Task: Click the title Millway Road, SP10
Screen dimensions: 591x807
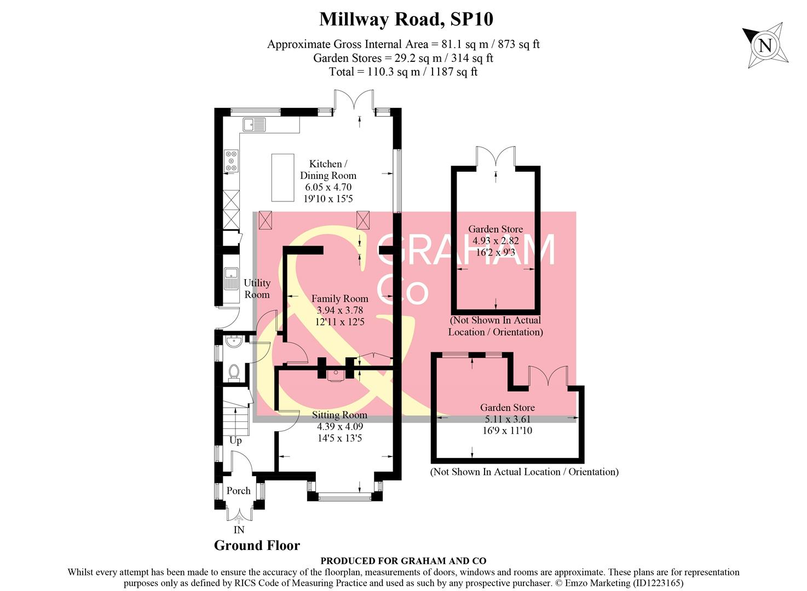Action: (406, 19)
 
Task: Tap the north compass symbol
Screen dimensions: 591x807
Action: (765, 45)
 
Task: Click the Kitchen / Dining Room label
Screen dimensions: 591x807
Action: (328, 170)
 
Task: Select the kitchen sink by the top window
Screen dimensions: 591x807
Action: (254, 125)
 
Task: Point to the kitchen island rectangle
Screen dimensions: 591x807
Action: (283, 177)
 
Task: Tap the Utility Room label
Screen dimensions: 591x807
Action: (257, 288)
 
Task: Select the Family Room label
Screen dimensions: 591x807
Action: (339, 299)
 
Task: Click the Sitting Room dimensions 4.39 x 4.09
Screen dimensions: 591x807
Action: (339, 427)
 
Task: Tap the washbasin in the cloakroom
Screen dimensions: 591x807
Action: (234, 341)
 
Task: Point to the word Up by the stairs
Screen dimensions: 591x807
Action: (235, 441)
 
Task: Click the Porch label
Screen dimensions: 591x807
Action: (238, 491)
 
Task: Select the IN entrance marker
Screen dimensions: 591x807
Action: (239, 530)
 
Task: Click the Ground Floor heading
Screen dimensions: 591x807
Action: (257, 546)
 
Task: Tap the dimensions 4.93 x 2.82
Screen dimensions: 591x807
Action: (495, 241)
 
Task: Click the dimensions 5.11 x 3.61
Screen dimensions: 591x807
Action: (507, 419)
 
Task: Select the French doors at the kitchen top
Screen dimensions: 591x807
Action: (354, 101)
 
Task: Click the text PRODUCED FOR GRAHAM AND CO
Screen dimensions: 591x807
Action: (403, 561)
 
